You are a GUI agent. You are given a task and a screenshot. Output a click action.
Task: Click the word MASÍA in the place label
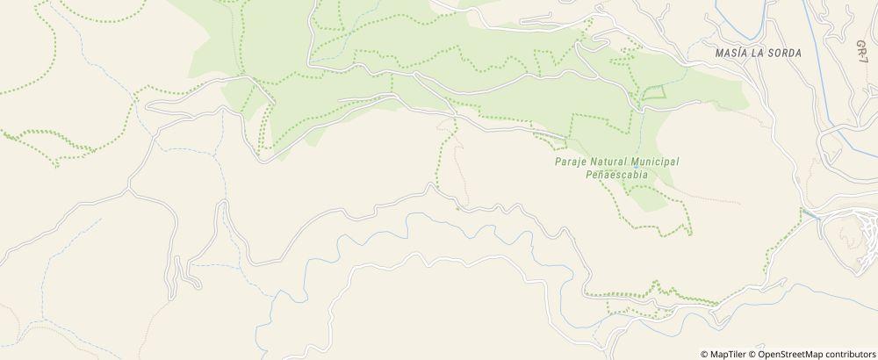733,54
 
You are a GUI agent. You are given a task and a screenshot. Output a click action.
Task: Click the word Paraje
571,162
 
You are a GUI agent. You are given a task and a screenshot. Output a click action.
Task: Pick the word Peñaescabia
616,175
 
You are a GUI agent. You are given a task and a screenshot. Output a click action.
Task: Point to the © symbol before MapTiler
704,354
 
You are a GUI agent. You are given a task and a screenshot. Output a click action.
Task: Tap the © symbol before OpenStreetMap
751,354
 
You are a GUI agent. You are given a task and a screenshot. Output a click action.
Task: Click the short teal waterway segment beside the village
810,213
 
